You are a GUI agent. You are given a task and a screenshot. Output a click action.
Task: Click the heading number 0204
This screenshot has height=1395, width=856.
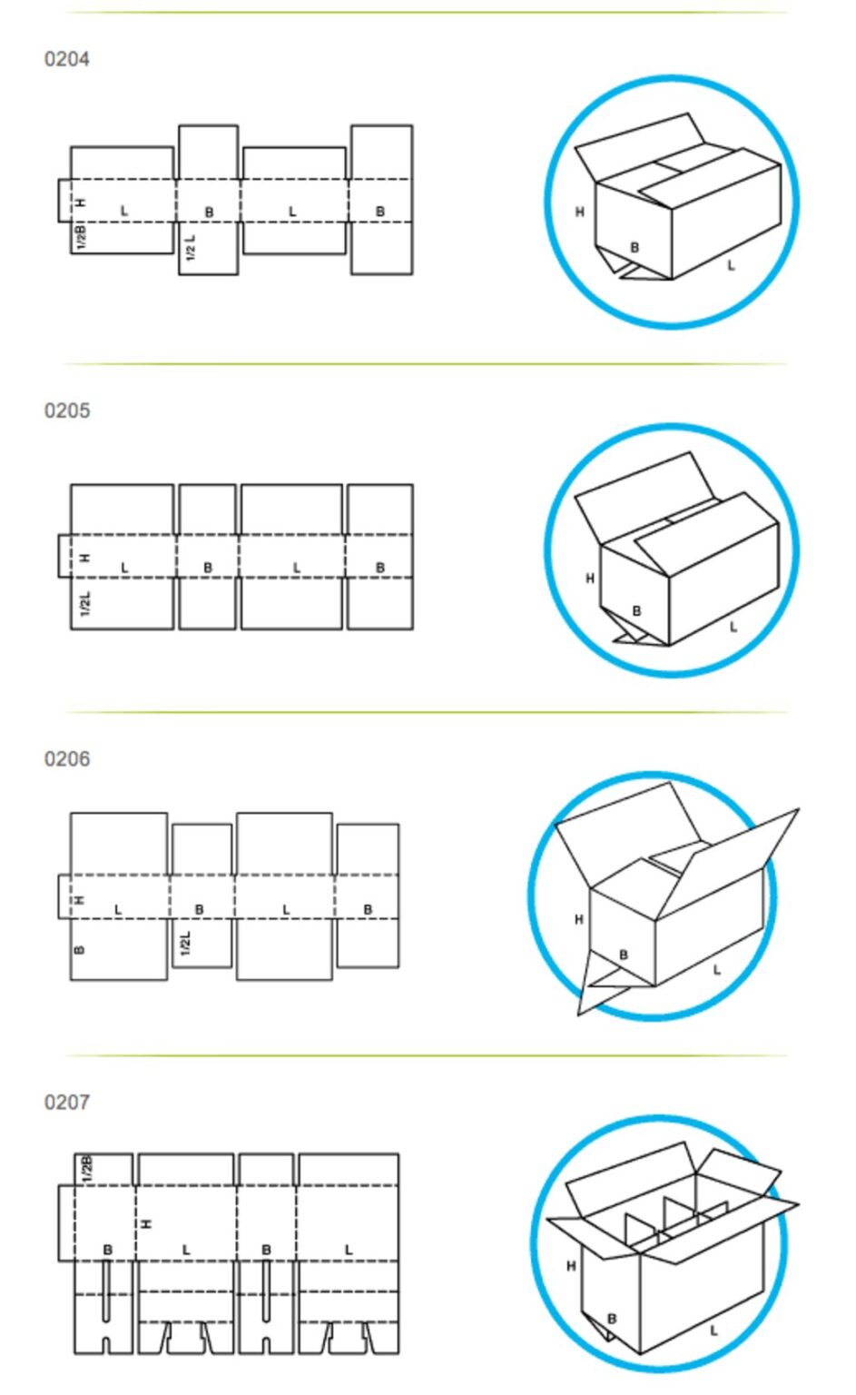(66, 59)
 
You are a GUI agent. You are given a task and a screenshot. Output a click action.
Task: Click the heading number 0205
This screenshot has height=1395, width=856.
(66, 411)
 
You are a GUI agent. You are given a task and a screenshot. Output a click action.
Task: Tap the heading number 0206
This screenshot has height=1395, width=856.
(66, 758)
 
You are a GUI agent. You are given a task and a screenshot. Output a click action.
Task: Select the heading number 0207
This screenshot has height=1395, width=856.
(66, 1102)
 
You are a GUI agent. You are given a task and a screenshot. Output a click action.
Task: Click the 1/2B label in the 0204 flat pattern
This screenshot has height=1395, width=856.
(81, 237)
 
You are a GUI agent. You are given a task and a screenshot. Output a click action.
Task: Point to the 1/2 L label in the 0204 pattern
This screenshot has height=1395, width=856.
(191, 248)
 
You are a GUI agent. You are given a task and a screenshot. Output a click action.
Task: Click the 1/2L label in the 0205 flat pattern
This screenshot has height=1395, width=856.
(85, 604)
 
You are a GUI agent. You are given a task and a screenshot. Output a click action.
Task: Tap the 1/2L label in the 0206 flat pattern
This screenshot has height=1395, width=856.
(185, 943)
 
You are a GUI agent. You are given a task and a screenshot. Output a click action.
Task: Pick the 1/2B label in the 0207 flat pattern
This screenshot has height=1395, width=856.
(86, 1169)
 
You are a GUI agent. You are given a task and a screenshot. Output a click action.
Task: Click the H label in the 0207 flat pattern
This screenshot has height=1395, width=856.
(146, 1223)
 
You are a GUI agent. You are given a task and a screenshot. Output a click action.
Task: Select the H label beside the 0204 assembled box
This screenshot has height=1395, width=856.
(579, 212)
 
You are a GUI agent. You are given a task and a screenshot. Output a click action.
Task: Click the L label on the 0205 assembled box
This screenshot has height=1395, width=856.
(733, 627)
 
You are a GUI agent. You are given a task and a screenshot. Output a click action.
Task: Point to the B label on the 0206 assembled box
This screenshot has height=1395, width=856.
(624, 955)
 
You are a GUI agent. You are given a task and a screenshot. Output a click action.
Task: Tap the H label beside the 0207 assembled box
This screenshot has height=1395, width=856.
(571, 1266)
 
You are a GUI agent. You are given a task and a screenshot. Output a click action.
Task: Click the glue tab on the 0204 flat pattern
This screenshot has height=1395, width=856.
(64, 201)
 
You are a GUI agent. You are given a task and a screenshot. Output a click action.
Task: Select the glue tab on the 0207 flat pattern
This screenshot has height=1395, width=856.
(66, 1223)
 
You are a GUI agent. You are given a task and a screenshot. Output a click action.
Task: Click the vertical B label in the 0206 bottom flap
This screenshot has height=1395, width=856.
(79, 950)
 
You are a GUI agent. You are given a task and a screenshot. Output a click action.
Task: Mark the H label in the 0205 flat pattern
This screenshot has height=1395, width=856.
(85, 558)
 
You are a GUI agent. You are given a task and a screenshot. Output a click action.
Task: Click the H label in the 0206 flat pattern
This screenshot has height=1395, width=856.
(79, 900)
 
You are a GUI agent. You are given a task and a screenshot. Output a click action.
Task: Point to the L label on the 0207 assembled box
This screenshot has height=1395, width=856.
(713, 1331)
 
